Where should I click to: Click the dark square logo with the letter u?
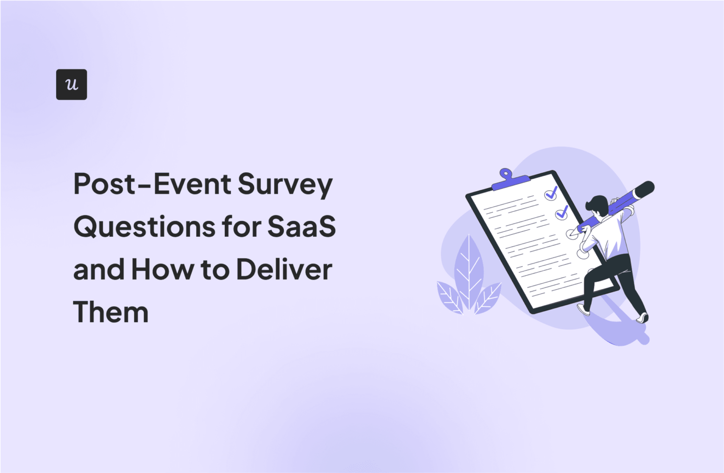tap(71, 85)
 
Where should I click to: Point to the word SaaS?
tap(302, 226)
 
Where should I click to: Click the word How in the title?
tap(162, 270)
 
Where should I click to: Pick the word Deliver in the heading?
tap(284, 270)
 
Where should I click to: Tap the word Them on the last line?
tap(111, 312)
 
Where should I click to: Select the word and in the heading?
tap(98, 270)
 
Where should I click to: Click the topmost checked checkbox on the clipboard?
tap(551, 193)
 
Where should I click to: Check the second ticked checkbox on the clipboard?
tap(561, 213)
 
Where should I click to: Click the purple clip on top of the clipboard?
tap(509, 179)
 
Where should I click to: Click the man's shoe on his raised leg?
tap(584, 310)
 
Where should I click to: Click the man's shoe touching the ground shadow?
tap(642, 318)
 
